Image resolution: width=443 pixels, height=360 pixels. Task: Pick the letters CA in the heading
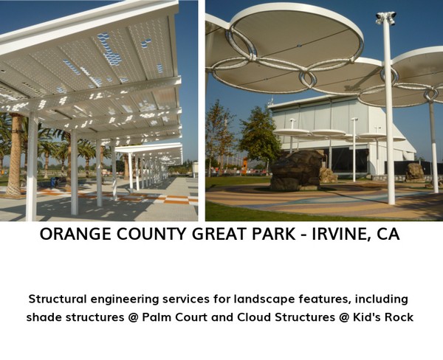click(x=388, y=234)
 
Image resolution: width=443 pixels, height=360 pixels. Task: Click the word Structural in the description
click(x=58, y=299)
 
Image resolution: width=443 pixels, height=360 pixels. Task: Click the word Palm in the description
click(x=157, y=317)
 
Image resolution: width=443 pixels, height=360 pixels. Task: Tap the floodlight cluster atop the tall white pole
click(x=386, y=18)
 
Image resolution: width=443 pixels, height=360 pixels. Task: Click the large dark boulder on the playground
click(x=297, y=170)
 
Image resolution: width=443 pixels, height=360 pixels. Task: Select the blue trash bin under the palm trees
click(x=53, y=182)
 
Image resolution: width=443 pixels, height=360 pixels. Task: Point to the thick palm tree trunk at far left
click(x=15, y=155)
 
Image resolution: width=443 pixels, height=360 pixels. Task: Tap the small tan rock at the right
click(x=415, y=172)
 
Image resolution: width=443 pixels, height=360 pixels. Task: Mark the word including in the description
click(x=382, y=300)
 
